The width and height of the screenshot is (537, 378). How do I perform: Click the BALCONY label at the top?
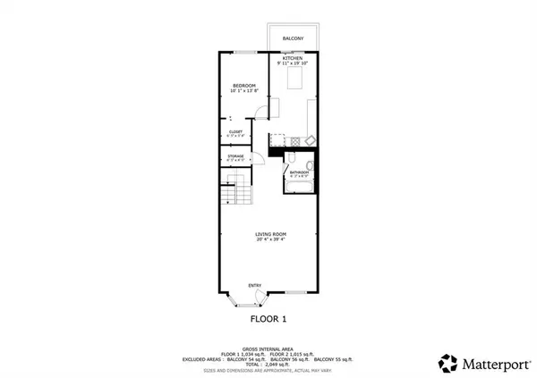(292, 39)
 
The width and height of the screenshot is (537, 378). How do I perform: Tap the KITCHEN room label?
(292, 58)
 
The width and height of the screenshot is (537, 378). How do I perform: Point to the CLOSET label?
(235, 131)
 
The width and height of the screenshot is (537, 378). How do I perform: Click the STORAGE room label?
(235, 156)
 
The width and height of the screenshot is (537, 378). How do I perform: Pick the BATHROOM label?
(298, 172)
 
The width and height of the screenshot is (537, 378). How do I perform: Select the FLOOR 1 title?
(268, 317)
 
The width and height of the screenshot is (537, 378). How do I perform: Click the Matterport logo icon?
(447, 362)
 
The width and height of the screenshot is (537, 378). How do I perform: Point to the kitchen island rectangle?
(294, 81)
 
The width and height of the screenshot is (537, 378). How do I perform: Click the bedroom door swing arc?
(261, 112)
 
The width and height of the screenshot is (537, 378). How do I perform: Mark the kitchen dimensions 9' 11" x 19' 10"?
(292, 63)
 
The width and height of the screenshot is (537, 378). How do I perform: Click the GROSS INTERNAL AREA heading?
(268, 349)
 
